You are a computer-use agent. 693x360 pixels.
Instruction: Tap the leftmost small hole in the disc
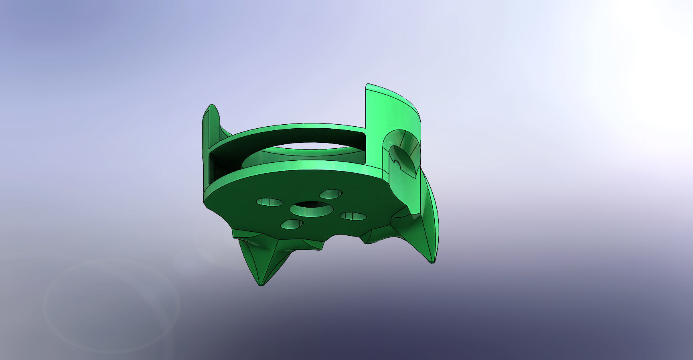click(x=269, y=202)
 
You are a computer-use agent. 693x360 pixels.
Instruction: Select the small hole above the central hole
click(x=331, y=194)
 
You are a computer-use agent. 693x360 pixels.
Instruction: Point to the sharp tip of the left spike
click(x=261, y=285)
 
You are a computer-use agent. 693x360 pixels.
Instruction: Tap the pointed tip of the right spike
click(x=432, y=262)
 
